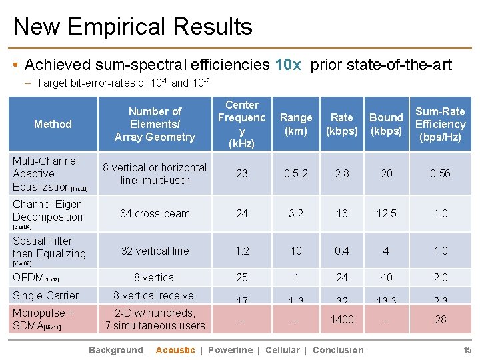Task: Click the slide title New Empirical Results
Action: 133,27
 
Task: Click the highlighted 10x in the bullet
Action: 287,65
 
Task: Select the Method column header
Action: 53,124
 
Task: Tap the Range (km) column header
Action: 296,124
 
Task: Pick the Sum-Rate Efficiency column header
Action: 440,124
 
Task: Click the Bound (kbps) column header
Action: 387,124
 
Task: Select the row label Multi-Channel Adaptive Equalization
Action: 46,173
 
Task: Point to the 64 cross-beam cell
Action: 155,213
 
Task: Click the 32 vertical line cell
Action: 155,251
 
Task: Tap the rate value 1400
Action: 342,319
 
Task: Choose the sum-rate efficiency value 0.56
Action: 440,173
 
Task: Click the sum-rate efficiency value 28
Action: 440,319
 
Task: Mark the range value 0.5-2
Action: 296,173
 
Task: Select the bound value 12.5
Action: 387,213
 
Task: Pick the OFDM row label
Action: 27,277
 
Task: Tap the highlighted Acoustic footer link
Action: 175,350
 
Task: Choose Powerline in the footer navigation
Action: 230,350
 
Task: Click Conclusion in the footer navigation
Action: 338,350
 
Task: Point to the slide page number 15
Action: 467,350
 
